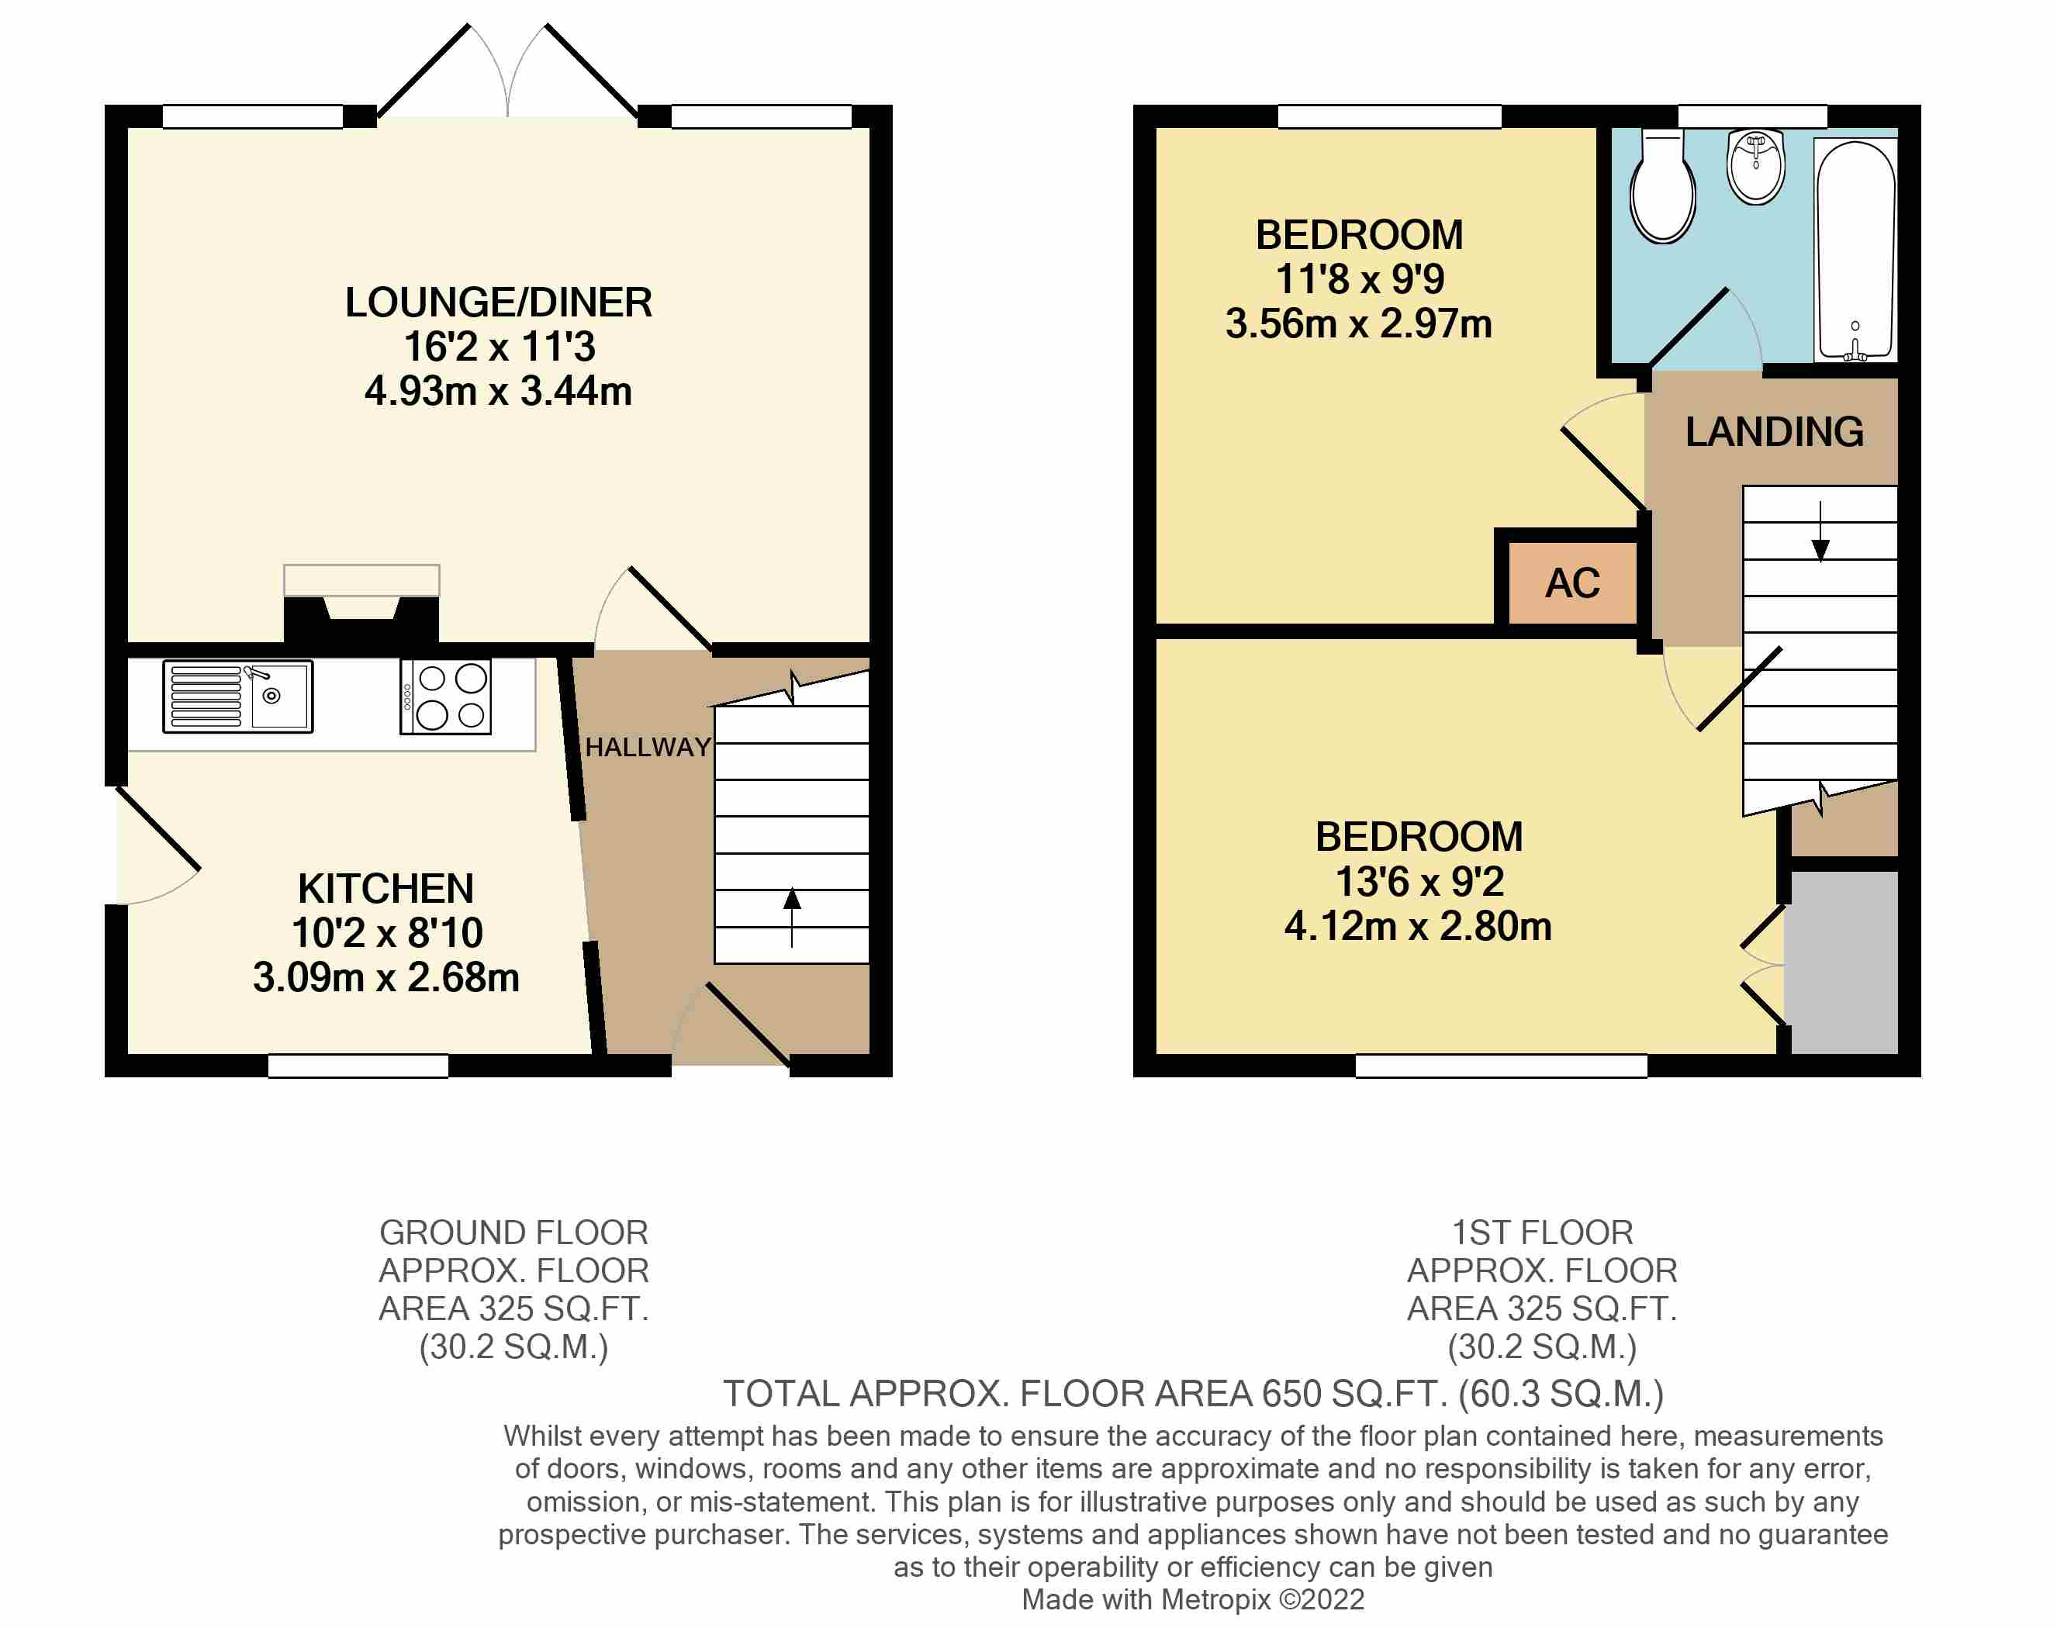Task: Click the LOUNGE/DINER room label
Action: [499, 302]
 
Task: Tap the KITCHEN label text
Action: [386, 888]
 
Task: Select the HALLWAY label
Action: [648, 747]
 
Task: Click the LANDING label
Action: [1774, 432]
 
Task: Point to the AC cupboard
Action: [1573, 582]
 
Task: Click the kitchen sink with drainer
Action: [237, 696]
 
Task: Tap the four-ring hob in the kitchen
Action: [446, 696]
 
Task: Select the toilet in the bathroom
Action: [1662, 186]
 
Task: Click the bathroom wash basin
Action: [1756, 167]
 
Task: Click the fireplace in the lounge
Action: [361, 607]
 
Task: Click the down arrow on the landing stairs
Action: [1820, 531]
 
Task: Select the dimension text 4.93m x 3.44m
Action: [499, 391]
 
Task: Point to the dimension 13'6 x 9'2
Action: [1419, 882]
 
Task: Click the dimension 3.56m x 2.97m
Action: [1358, 324]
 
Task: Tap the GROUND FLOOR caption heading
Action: [513, 1232]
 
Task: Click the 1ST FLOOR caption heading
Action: [1542, 1232]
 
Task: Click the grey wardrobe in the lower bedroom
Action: [1841, 962]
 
